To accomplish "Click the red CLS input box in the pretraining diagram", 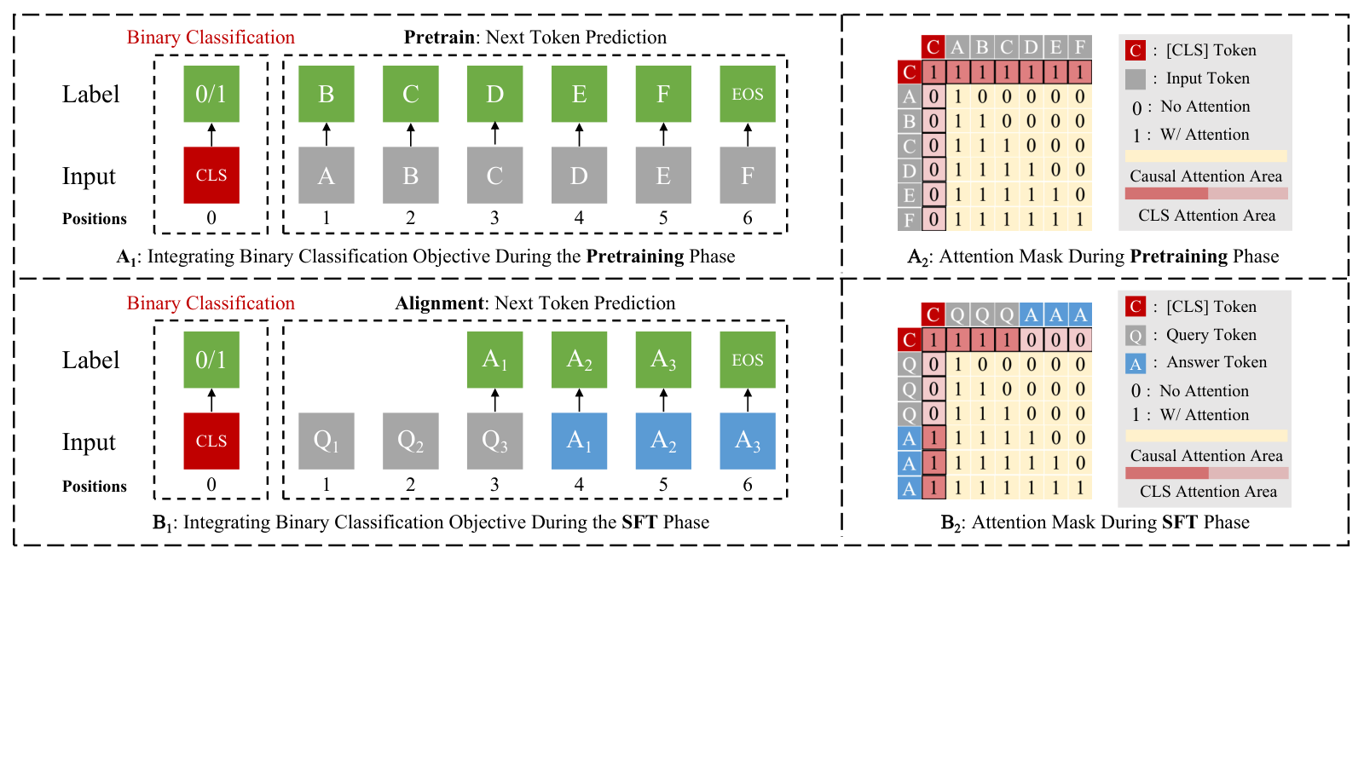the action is pyautogui.click(x=211, y=176).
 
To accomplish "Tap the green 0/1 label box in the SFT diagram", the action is pyautogui.click(x=211, y=360).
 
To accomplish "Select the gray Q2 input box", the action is pyautogui.click(x=410, y=441).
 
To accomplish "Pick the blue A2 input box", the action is pyautogui.click(x=663, y=441).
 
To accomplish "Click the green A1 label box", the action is pyautogui.click(x=494, y=360).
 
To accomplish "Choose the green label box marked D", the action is pyautogui.click(x=494, y=94).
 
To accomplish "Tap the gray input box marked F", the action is pyautogui.click(x=748, y=176).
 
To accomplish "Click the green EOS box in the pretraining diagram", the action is pyautogui.click(x=748, y=94).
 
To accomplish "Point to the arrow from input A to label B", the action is pyautogui.click(x=327, y=135).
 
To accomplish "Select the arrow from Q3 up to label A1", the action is pyautogui.click(x=494, y=401).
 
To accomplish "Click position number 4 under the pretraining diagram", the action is pyautogui.click(x=579, y=218).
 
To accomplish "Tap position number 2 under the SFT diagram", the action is pyautogui.click(x=410, y=485).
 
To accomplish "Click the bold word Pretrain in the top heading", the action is pyautogui.click(x=439, y=37).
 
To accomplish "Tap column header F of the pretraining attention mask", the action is pyautogui.click(x=1079, y=47).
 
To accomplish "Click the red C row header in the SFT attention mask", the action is pyautogui.click(x=909, y=340).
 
